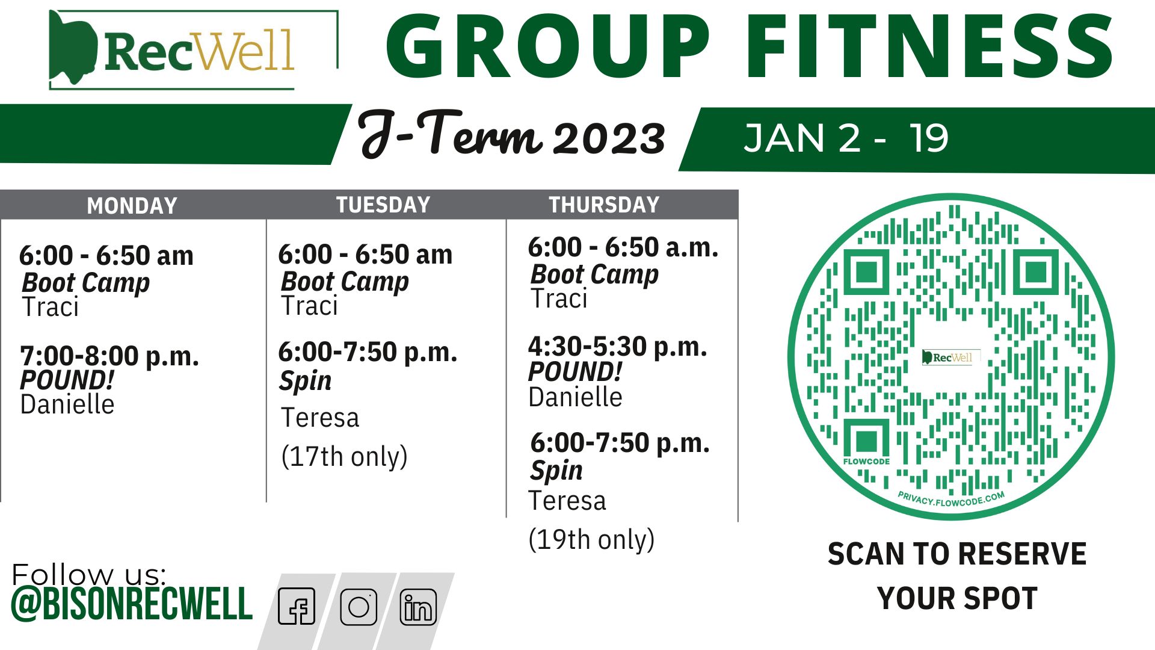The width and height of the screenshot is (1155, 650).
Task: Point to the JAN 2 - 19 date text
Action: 846,138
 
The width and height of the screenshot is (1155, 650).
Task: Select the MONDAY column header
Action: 132,206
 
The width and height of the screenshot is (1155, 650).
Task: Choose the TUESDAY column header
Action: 383,205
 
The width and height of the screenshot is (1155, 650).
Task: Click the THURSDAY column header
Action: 604,205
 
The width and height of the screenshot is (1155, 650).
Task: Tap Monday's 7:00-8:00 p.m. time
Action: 109,356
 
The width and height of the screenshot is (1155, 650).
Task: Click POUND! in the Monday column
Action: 67,380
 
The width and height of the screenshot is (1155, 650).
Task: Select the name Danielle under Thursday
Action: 575,397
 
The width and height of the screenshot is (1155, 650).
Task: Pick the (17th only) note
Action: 344,457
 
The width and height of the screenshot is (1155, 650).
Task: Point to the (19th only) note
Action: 591,539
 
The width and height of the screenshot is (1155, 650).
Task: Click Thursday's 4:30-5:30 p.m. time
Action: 617,347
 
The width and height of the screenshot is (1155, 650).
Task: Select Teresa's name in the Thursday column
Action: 567,501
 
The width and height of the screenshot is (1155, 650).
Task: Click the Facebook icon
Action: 297,606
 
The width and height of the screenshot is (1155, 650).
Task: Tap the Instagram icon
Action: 359,607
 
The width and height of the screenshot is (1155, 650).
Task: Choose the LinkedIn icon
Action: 418,607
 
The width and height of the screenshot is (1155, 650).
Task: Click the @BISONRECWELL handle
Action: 132,604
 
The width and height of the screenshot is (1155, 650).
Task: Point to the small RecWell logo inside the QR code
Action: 951,357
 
